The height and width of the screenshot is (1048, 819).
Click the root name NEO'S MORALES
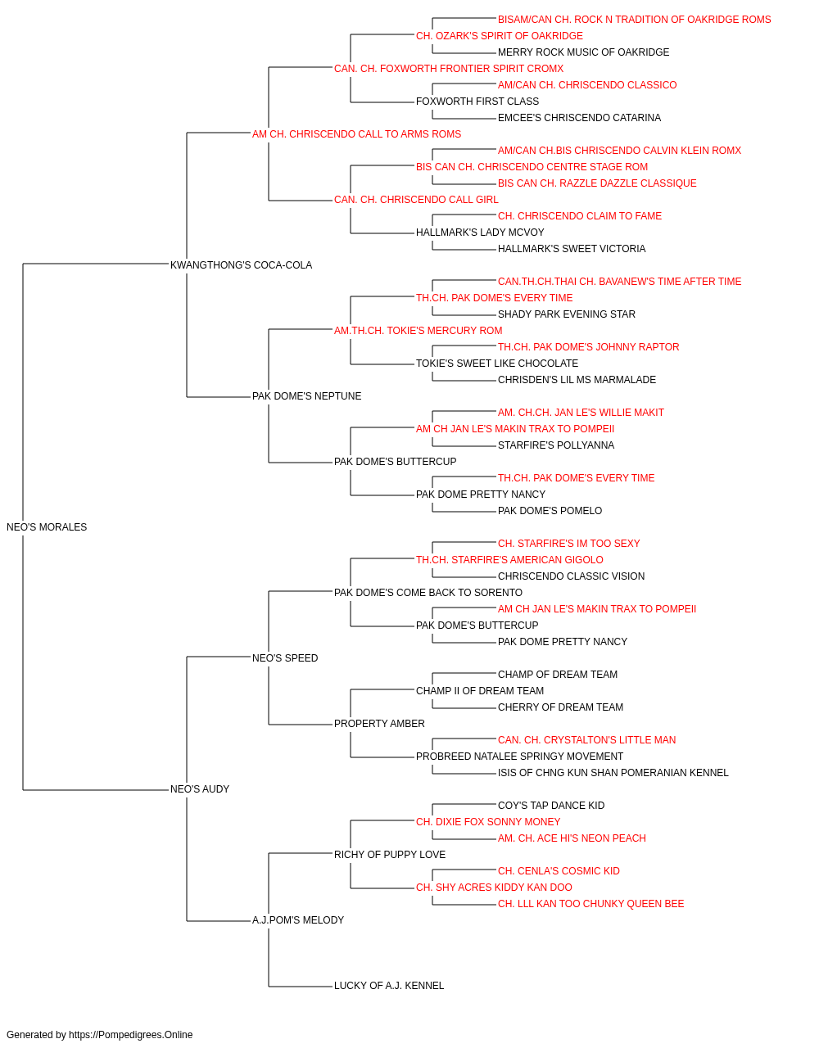47,527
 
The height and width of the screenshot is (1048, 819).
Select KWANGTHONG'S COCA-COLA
241,265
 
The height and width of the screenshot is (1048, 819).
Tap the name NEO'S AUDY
200,789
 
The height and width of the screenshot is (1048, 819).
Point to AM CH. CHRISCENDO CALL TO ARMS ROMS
356,134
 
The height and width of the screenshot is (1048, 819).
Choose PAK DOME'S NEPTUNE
307,396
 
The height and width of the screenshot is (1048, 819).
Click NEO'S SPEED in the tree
285,657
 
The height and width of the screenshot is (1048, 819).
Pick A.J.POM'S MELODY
298,920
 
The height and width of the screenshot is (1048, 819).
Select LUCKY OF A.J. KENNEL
389,986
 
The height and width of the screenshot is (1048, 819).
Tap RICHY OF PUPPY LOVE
390,855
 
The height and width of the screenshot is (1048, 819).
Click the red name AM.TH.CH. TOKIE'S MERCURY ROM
419,330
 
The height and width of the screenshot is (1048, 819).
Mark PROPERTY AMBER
379,724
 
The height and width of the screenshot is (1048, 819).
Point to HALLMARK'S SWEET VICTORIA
572,249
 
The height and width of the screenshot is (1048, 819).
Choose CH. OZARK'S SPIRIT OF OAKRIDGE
500,36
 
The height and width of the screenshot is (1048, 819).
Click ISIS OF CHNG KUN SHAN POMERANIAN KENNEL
613,773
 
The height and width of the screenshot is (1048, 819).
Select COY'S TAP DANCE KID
551,806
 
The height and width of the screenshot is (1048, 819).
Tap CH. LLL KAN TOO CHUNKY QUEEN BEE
590,904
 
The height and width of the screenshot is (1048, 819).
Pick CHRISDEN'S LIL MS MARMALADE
577,380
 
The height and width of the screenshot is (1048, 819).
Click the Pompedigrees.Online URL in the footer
131,1035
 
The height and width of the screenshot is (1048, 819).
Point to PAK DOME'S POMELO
550,511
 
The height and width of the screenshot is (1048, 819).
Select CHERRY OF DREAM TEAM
560,707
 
